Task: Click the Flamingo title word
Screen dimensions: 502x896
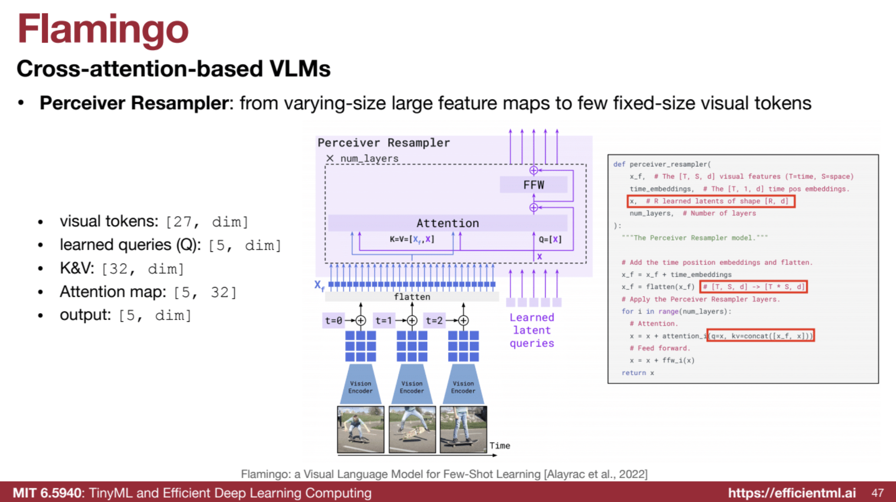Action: pos(103,30)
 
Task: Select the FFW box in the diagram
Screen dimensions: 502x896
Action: pos(534,185)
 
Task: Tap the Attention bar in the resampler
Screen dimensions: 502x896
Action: pos(448,223)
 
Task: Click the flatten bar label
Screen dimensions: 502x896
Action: pos(412,297)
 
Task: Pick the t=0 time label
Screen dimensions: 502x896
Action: pos(333,320)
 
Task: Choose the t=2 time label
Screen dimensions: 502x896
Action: pos(434,320)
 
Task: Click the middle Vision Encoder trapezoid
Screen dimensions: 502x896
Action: pos(412,385)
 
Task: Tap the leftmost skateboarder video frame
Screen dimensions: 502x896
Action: pos(361,429)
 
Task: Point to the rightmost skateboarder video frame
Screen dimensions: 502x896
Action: pos(463,429)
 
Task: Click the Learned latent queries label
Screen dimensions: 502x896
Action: pos(532,330)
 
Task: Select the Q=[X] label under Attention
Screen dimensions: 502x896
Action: pos(550,239)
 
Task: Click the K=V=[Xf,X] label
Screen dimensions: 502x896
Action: pos(412,239)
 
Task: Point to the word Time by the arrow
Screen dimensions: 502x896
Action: pos(500,446)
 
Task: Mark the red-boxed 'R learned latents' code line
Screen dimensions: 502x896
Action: pos(711,201)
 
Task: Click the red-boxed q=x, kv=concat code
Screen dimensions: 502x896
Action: pos(761,336)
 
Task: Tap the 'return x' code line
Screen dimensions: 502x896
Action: pos(637,373)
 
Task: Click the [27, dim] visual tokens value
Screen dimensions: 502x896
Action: pos(207,222)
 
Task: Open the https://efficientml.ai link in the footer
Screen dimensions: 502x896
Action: pos(792,493)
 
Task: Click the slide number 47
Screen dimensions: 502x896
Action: pos(877,493)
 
